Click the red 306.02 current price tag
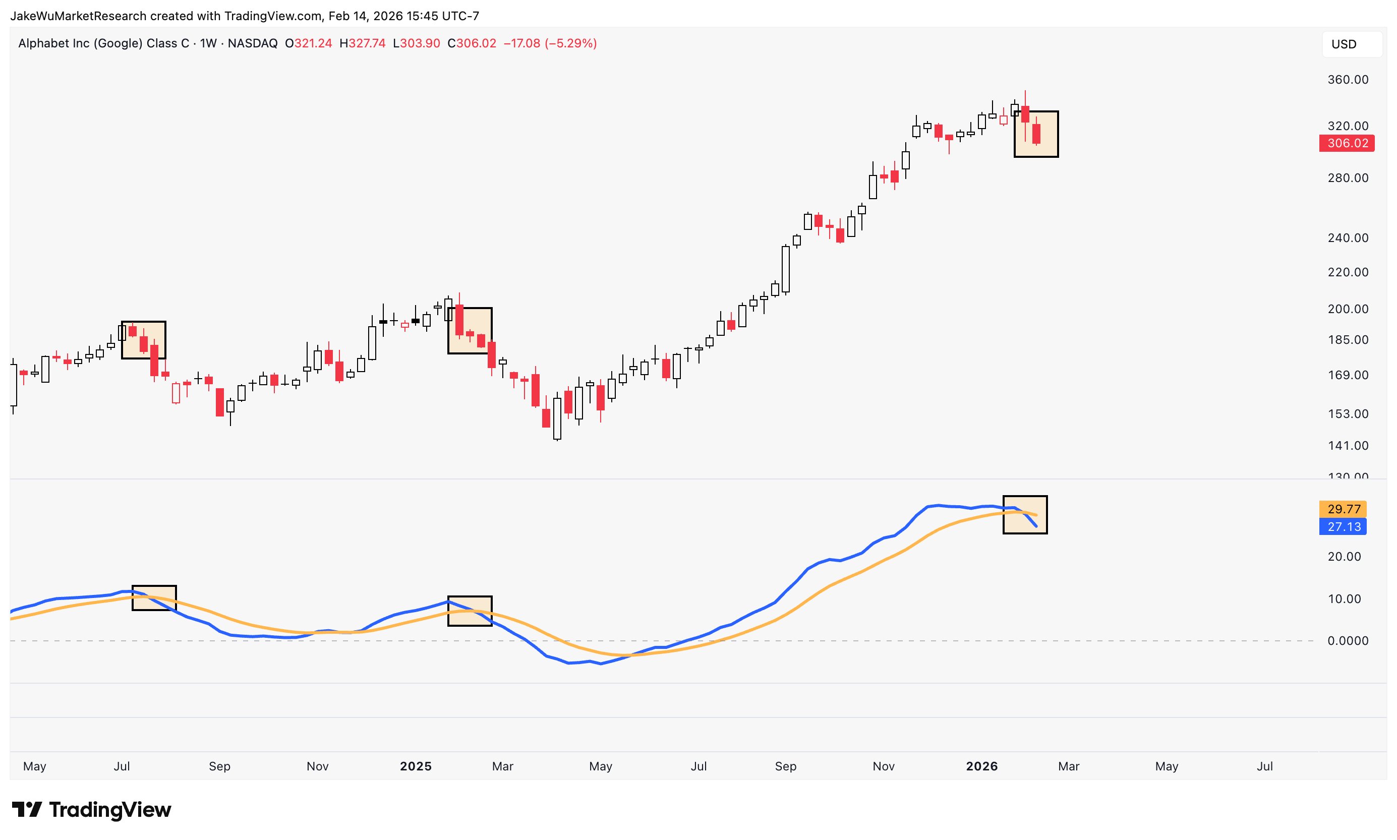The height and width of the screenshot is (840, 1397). coord(1347,143)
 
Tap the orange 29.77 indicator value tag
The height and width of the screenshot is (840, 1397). coord(1343,509)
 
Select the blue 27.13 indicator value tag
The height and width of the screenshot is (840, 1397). coord(1343,527)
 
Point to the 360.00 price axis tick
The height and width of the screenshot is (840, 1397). coord(1348,80)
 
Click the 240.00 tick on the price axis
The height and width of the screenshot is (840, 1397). coord(1348,238)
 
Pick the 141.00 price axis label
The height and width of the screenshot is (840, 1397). coord(1348,446)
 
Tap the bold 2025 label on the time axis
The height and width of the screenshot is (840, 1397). coord(416,766)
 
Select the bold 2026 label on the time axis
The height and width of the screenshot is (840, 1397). coord(981,766)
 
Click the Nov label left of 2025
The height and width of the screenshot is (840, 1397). coord(318,766)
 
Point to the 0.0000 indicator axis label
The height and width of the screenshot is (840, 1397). coord(1348,641)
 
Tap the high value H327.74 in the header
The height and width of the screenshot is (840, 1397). coord(362,43)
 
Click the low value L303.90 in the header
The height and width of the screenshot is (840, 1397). coord(417,43)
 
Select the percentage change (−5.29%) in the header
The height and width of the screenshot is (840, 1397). coord(570,43)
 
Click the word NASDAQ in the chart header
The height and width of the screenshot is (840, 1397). coord(253,43)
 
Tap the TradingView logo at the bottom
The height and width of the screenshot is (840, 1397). coord(92,810)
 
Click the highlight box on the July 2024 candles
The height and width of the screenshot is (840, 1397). coord(144,340)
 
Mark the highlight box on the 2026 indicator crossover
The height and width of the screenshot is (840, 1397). coord(1024,514)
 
